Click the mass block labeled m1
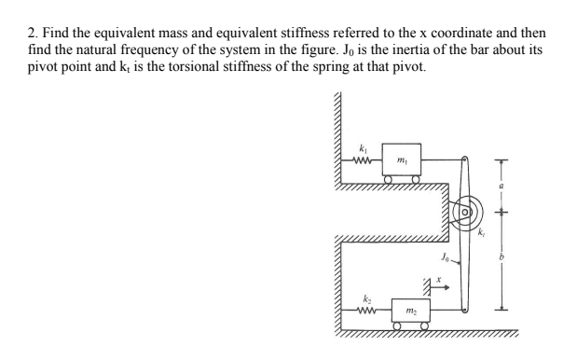(x=400, y=159)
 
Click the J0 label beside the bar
(x=445, y=254)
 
